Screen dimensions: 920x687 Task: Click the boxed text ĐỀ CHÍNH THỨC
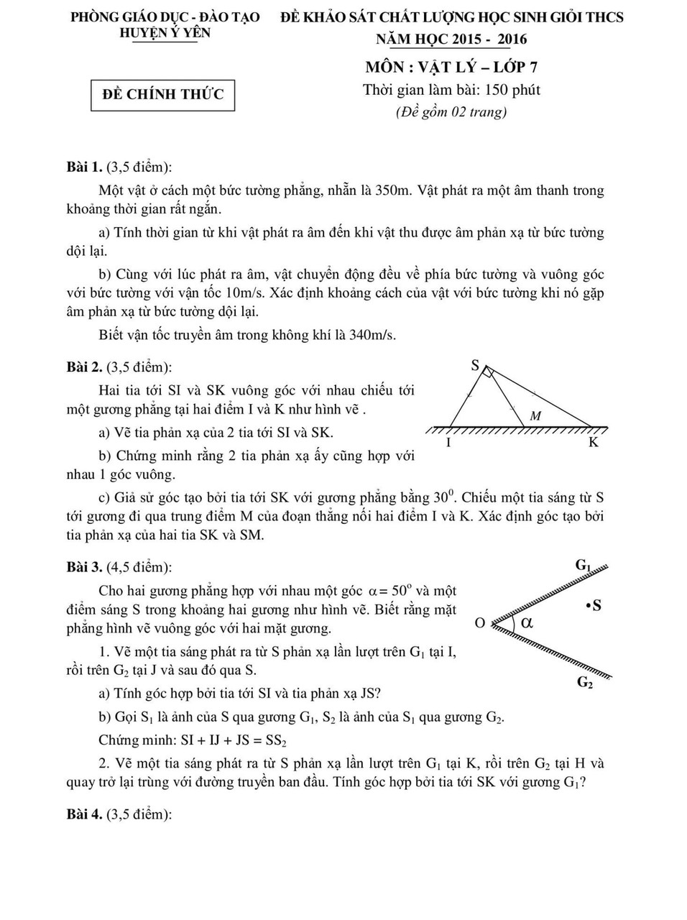pyautogui.click(x=163, y=94)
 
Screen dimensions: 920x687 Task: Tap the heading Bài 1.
pyautogui.click(x=83, y=167)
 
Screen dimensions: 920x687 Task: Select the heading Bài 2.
pyautogui.click(x=83, y=367)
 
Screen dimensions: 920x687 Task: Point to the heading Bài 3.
pyautogui.click(x=83, y=567)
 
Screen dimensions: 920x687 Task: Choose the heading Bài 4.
pyautogui.click(x=83, y=814)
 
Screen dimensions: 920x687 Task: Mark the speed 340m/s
pyautogui.click(x=372, y=335)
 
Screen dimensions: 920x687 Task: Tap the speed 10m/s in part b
pyautogui.click(x=245, y=293)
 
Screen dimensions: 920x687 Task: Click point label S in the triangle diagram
pyautogui.click(x=475, y=365)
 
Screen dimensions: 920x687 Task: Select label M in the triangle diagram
pyautogui.click(x=535, y=415)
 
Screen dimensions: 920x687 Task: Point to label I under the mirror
pyautogui.click(x=449, y=443)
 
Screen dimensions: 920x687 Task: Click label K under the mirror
pyautogui.click(x=594, y=443)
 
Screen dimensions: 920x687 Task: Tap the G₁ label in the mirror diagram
pyautogui.click(x=584, y=565)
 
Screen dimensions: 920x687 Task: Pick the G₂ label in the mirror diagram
pyautogui.click(x=586, y=683)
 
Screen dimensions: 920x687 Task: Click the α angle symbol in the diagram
pyautogui.click(x=527, y=622)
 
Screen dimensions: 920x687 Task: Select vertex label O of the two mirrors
pyautogui.click(x=480, y=623)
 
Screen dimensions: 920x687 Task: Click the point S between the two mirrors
pyautogui.click(x=594, y=606)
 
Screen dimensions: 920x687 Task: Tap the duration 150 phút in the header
pyautogui.click(x=512, y=90)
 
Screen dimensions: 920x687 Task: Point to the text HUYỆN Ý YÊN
pyautogui.click(x=165, y=33)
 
